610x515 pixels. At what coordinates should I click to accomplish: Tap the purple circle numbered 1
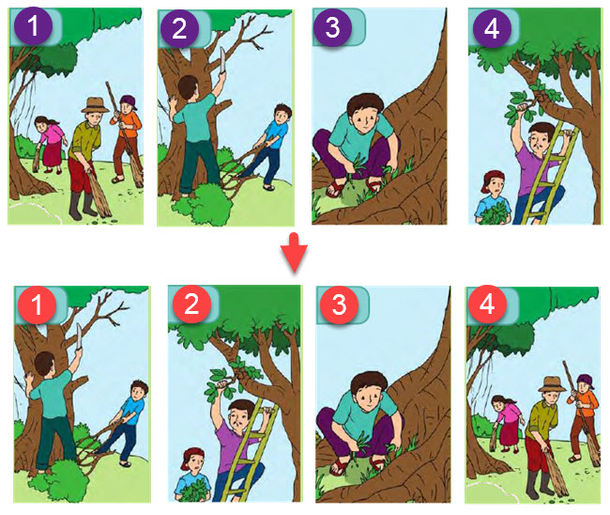tap(33, 26)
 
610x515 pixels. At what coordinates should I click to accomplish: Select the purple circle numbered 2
tap(179, 28)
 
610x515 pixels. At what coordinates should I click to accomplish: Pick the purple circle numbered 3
tap(332, 27)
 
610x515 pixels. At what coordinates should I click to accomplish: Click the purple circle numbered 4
tap(492, 28)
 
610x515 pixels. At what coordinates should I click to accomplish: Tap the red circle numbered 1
tap(37, 304)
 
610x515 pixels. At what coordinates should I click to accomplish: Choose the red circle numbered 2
tap(191, 304)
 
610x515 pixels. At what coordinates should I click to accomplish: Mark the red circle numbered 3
tap(339, 304)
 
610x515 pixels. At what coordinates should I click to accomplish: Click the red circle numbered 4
tap(487, 304)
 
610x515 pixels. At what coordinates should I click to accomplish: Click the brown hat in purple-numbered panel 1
tap(95, 105)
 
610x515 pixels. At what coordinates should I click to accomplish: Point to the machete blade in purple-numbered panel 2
tap(222, 59)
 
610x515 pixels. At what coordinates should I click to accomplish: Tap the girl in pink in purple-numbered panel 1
tap(50, 144)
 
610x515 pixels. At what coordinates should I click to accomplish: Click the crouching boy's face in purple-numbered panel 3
tap(365, 118)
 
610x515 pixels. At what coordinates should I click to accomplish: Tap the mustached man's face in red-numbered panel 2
tap(238, 418)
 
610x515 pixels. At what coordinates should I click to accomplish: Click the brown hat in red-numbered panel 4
tap(552, 383)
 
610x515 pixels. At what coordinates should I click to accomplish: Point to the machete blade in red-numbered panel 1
tap(80, 336)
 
